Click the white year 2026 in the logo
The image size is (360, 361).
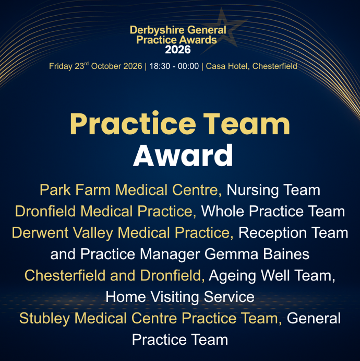point(178,50)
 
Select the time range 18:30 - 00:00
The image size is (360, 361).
point(174,66)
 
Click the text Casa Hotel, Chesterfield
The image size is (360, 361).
point(251,66)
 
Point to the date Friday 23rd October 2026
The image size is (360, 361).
point(95,66)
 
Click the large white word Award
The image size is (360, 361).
point(183,155)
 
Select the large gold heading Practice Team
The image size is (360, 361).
point(180,124)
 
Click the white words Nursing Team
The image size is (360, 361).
point(273,190)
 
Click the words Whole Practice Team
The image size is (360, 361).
point(273,211)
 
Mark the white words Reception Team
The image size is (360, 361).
point(293,233)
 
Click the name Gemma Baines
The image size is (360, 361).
point(257,254)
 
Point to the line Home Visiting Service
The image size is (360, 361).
point(180,297)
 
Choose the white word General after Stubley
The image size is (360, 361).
point(314,318)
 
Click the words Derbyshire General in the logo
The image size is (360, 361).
point(178,30)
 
